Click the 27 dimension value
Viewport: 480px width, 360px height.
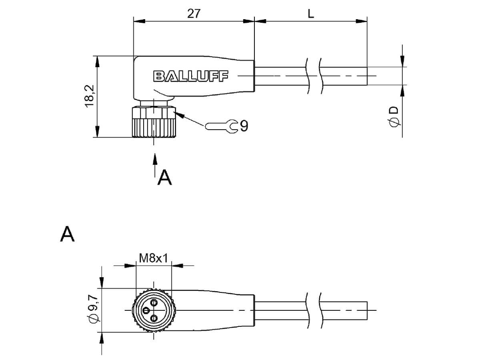click(x=194, y=14)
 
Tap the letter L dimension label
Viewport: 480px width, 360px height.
click(x=310, y=14)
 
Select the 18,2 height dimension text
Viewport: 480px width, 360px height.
click(x=90, y=96)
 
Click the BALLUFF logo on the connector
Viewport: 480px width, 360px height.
click(x=191, y=76)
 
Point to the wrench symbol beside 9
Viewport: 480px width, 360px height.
click(x=221, y=126)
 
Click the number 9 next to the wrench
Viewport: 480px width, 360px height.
click(x=244, y=126)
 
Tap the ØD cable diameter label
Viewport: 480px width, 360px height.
click(x=394, y=116)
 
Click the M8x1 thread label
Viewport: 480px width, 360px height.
click(x=154, y=258)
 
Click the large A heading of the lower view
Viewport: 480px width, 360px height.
click(x=67, y=234)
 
